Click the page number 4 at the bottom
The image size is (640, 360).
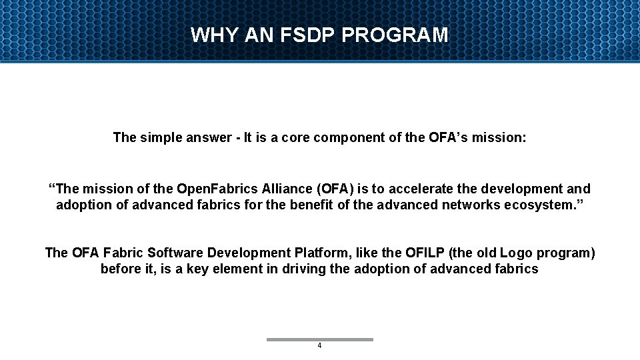click(319, 346)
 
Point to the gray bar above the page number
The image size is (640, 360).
click(319, 339)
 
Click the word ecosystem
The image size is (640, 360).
click(545, 205)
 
